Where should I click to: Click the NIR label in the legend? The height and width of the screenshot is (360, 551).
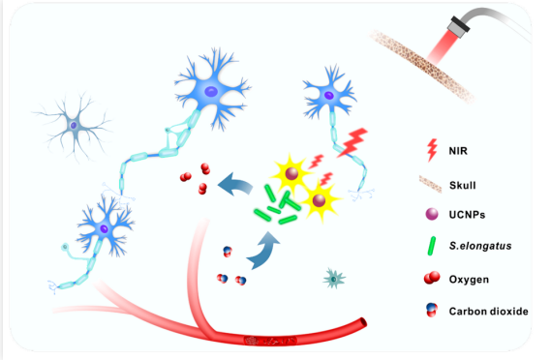pos(458,151)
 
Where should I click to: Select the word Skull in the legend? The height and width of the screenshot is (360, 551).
pos(463,185)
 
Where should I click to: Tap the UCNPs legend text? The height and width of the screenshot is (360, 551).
pos(467,215)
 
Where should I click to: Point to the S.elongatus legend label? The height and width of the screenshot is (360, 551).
pos(480,246)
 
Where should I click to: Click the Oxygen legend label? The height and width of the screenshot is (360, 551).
pos(469,280)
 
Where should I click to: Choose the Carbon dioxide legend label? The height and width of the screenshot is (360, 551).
pos(488,312)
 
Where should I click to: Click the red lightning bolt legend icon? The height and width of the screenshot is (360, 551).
pos(432,150)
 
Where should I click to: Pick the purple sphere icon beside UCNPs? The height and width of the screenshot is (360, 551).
pos(432,214)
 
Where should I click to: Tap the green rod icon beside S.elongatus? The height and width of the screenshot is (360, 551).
pos(432,246)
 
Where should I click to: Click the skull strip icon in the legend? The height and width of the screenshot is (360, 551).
pos(431,185)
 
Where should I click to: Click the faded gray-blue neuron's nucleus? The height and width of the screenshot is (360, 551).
pos(74,126)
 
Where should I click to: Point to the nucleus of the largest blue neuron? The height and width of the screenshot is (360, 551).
pos(211,92)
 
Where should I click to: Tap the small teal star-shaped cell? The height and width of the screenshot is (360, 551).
pos(334,279)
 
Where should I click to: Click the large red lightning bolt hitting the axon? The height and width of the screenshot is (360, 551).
pos(352,142)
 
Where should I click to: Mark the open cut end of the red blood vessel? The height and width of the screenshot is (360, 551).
pos(362,322)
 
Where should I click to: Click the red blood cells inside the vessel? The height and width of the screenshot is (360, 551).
pos(270,341)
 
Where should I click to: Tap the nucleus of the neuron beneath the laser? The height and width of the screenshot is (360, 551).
pos(329,95)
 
